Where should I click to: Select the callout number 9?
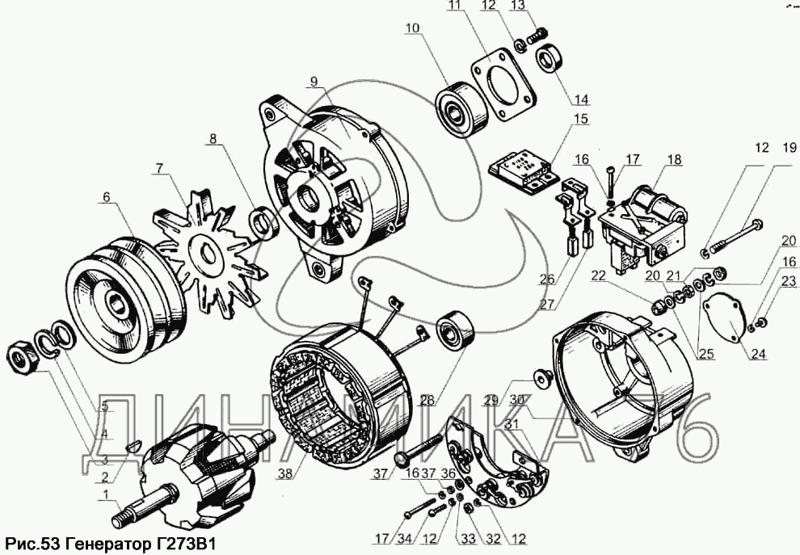(314, 81)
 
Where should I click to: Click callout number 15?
(581, 120)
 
